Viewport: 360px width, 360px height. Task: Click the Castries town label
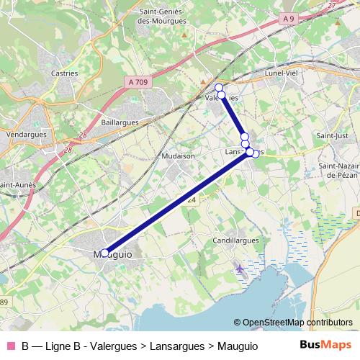tap(65, 73)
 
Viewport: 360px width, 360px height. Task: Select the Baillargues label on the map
tap(120, 123)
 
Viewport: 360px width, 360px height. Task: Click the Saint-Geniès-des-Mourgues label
tap(163, 17)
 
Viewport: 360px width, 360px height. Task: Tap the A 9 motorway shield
tap(289, 18)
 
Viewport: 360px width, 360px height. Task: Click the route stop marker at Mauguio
tap(104, 253)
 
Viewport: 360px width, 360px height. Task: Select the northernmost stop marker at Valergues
tap(219, 88)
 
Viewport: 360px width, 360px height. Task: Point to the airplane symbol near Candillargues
tap(239, 269)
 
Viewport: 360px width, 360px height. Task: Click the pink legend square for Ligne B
tap(9, 346)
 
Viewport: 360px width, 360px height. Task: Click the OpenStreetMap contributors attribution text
tap(293, 323)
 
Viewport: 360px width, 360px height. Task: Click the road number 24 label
tap(192, 199)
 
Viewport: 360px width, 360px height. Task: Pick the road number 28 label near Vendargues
tap(68, 150)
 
